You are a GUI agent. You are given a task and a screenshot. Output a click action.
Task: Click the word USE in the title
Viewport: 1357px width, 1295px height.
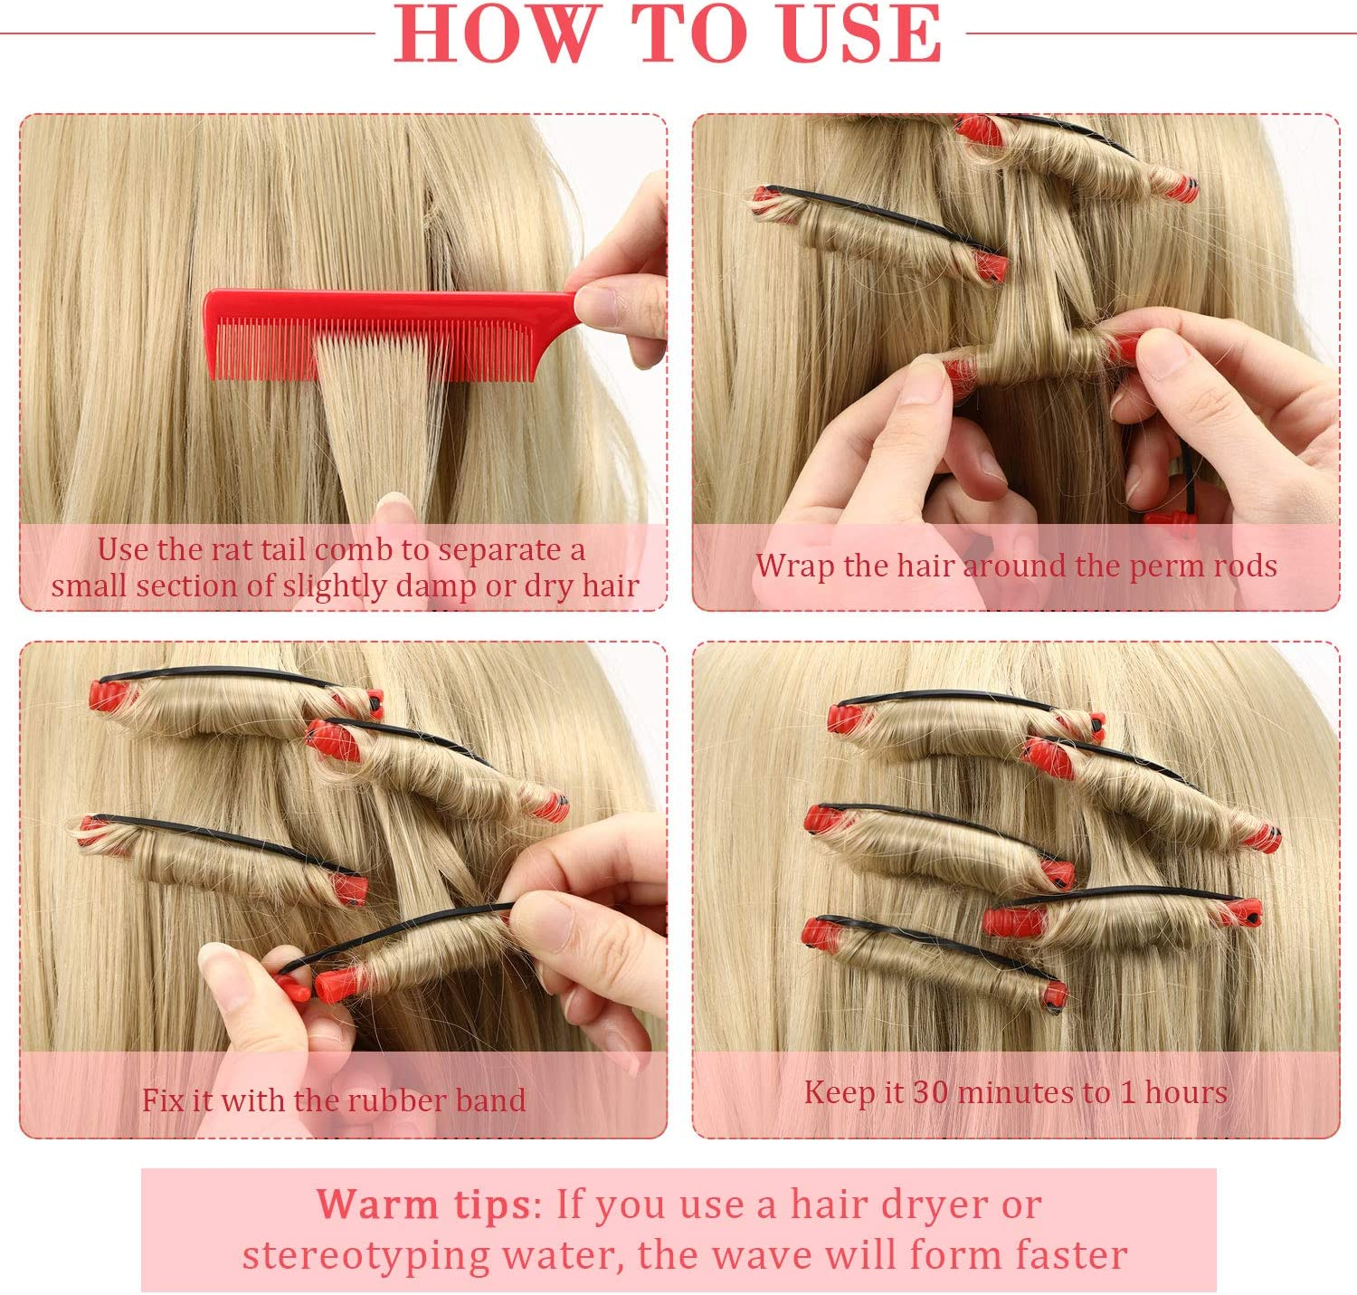click(x=862, y=33)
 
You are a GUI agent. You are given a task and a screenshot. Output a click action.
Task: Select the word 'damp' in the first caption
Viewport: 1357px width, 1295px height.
click(x=437, y=586)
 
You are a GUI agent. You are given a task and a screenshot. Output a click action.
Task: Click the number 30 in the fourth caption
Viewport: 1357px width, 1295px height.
click(x=930, y=1092)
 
